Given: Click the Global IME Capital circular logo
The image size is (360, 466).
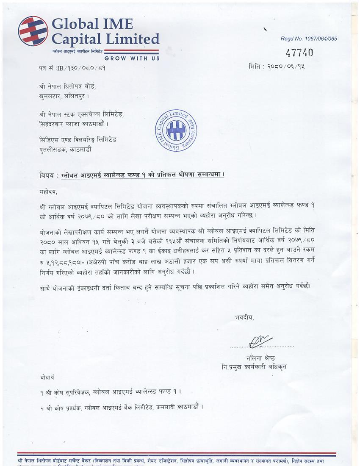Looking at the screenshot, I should [33, 31].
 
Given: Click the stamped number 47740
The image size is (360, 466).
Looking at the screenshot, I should [299, 52].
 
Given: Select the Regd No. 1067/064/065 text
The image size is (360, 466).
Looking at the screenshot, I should [309, 39].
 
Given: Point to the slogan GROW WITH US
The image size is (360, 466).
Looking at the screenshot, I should [132, 58].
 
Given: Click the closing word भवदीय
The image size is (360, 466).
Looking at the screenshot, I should [245, 317].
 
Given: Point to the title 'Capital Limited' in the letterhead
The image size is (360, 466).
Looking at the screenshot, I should [105, 39].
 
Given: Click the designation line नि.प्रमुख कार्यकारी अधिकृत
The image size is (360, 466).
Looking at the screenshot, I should [254, 366].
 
